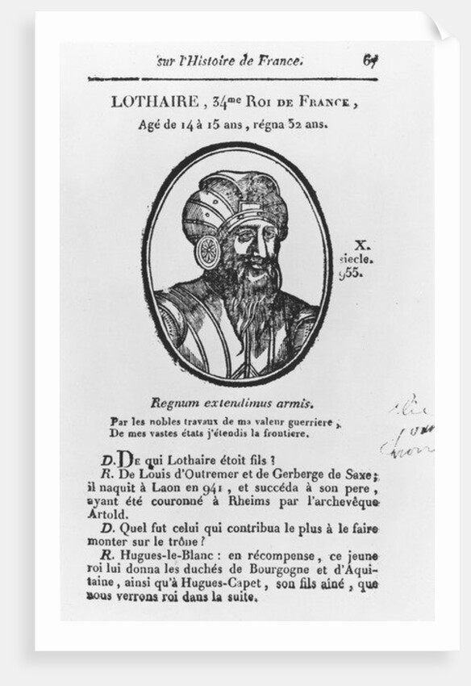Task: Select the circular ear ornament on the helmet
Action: tap(207, 252)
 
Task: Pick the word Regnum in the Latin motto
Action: tap(171, 404)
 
